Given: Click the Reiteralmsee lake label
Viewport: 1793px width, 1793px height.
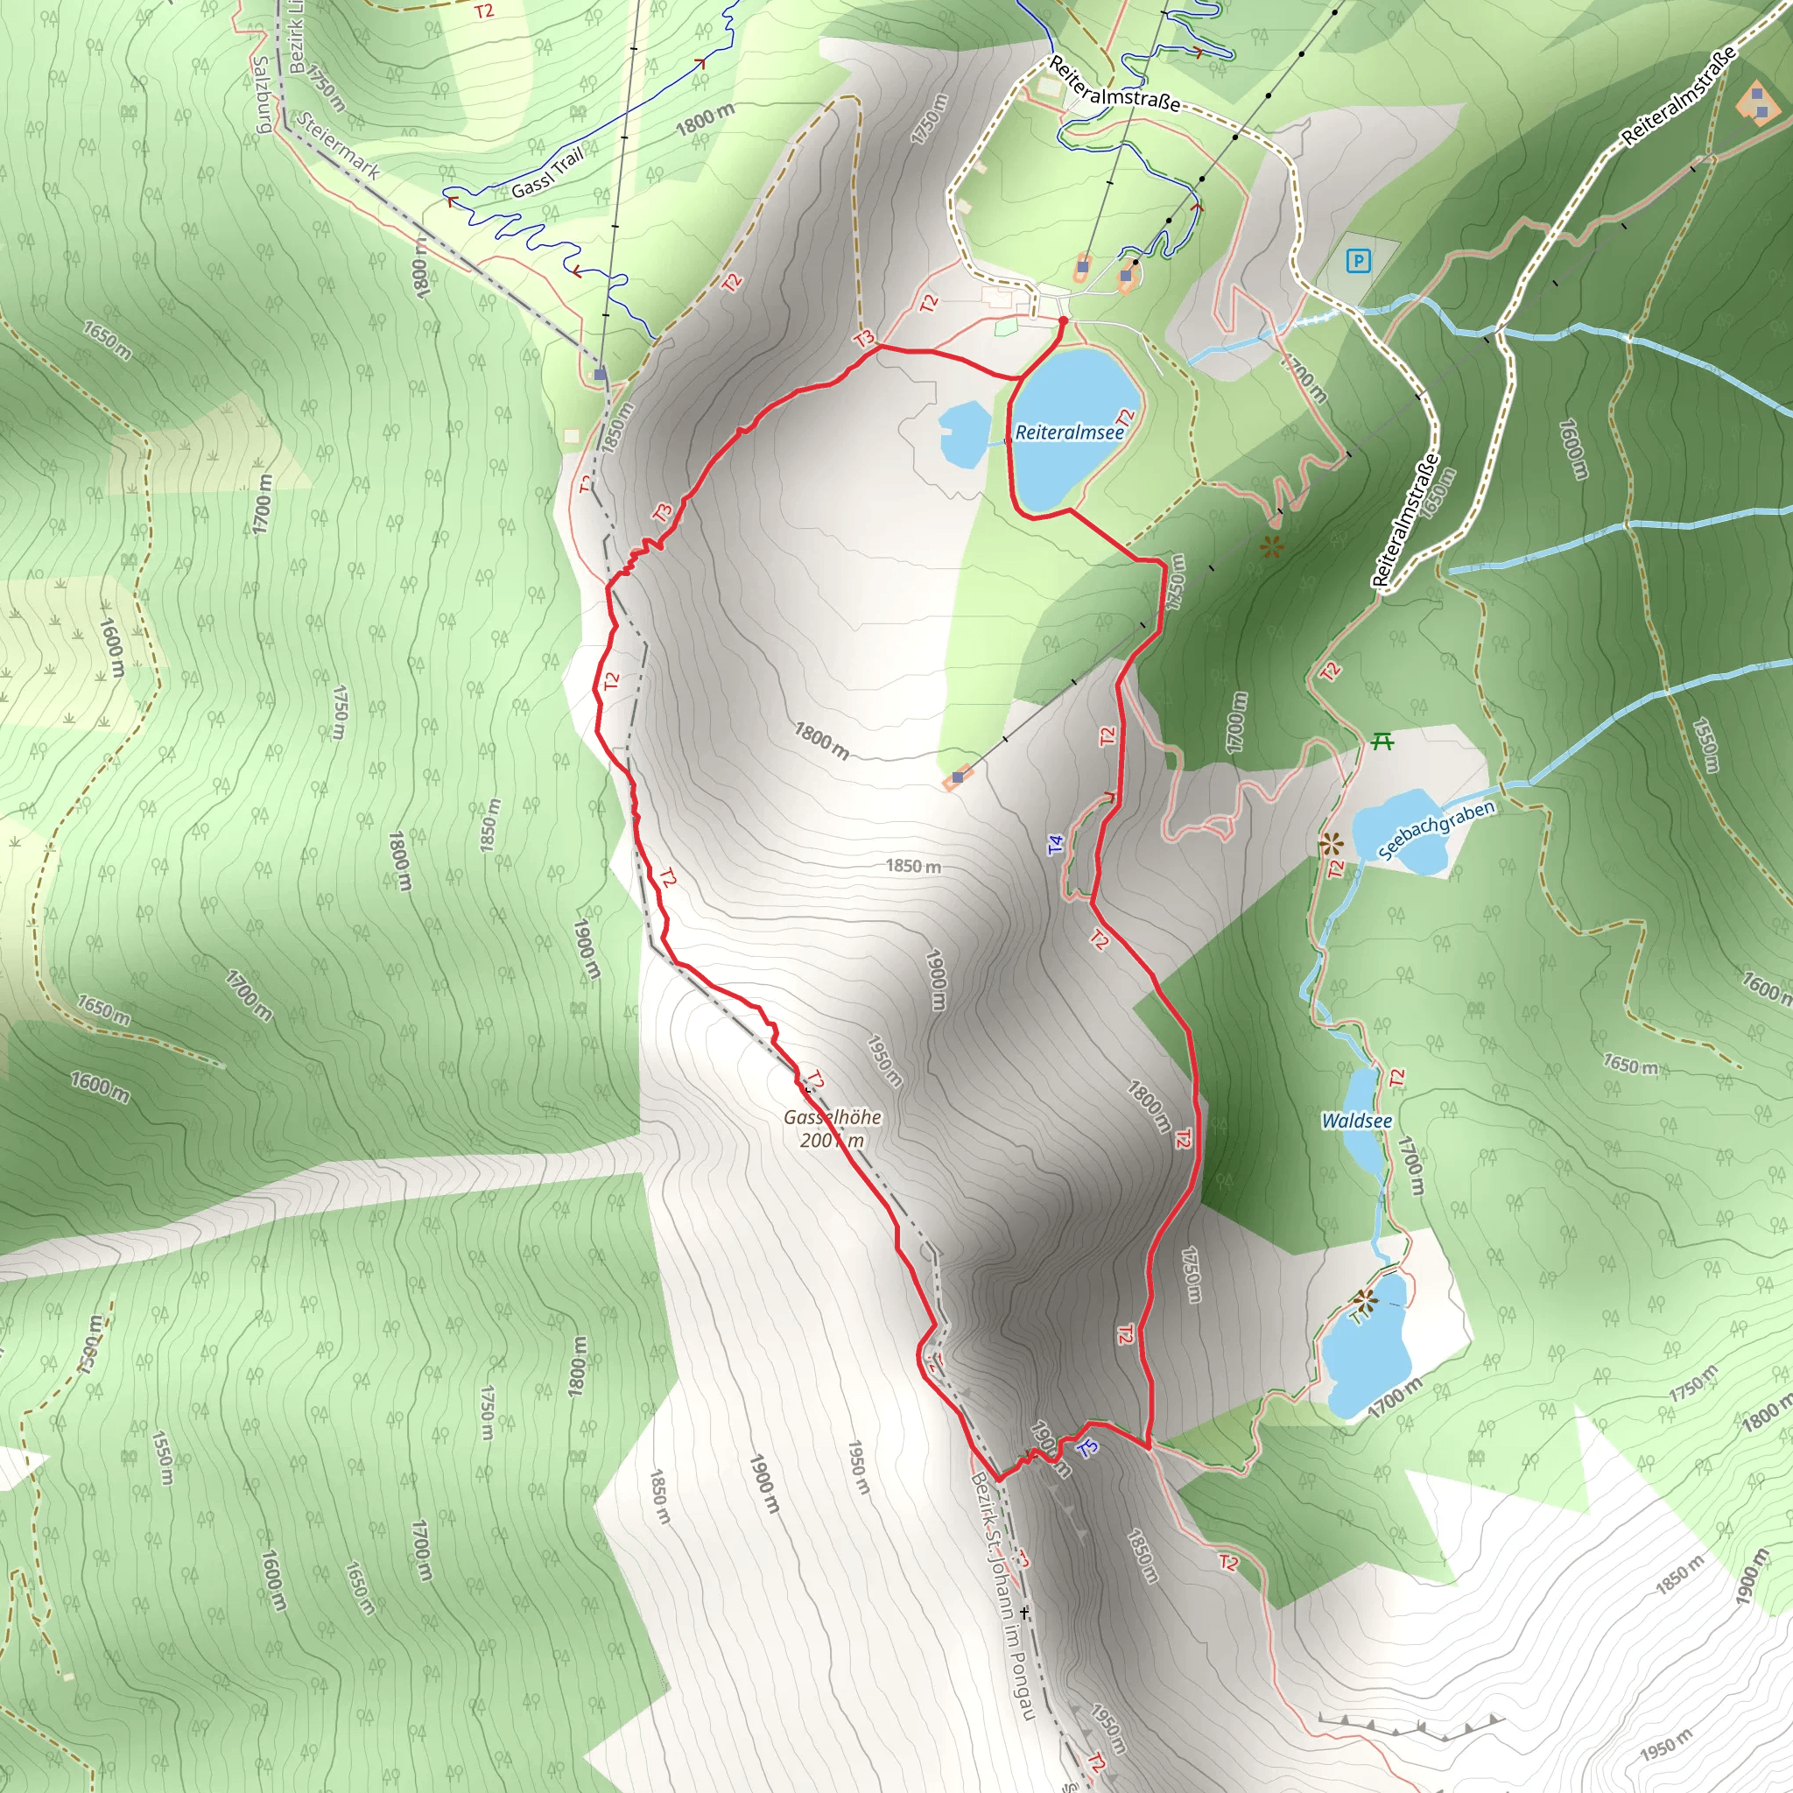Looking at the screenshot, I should (x=1069, y=432).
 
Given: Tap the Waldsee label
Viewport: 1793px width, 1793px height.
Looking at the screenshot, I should (x=1356, y=1122).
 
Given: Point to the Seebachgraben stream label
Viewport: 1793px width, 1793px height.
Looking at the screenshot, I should (x=1436, y=830).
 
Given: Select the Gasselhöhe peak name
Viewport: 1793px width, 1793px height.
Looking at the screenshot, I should (x=833, y=1117).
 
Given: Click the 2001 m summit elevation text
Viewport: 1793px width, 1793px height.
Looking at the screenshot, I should (x=832, y=1141).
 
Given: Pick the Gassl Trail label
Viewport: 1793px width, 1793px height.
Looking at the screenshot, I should (x=547, y=172).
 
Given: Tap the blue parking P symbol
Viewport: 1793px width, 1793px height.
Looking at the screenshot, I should (x=1359, y=261).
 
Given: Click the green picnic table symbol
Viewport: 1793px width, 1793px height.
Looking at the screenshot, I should (x=1382, y=741).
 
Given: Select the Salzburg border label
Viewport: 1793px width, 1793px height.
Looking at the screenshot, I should (x=261, y=95).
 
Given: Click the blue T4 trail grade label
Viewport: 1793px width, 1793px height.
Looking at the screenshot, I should (x=1055, y=845).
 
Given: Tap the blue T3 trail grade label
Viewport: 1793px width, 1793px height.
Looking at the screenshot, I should (x=1087, y=1447).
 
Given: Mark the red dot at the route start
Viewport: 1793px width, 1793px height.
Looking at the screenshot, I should (x=1064, y=321).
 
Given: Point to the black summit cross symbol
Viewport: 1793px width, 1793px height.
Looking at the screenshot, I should (x=1024, y=1613).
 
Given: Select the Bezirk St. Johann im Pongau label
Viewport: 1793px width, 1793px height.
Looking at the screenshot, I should (x=1002, y=1596).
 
